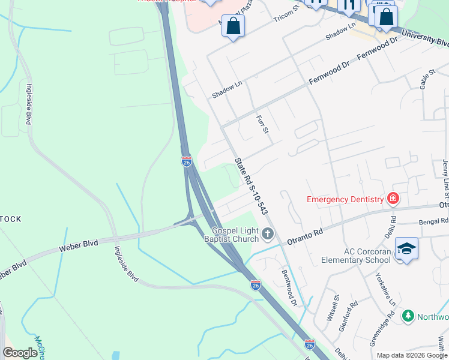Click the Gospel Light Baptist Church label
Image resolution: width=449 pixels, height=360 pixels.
235,235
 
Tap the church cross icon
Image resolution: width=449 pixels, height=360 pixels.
268,234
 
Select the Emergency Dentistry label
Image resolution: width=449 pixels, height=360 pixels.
345,199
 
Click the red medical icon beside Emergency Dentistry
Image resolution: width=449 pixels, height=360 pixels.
393,198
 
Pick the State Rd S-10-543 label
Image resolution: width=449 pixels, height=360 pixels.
251,187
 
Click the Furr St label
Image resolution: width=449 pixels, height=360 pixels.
261,124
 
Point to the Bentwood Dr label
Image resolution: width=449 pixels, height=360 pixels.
289,287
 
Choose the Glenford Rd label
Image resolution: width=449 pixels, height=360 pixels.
349,312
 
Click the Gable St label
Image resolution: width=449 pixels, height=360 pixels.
427,80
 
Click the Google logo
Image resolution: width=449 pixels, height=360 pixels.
20,353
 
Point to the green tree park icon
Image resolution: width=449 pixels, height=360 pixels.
408,316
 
